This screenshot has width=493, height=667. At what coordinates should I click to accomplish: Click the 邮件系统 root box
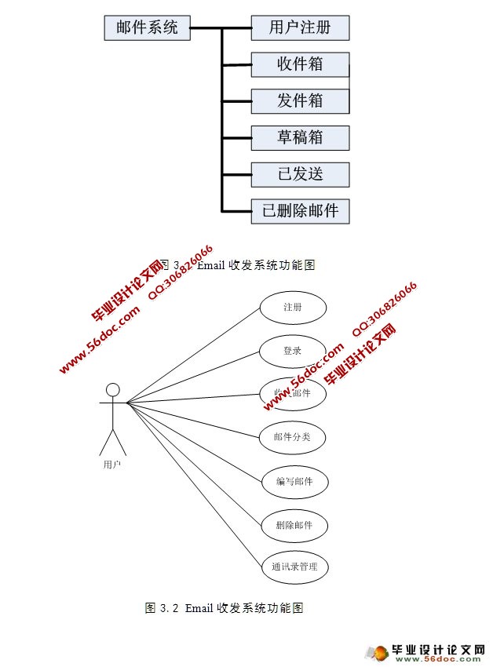[x=148, y=28]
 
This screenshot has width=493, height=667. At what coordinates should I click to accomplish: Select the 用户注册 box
[x=300, y=28]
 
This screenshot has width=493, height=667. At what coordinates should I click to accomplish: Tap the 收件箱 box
[x=300, y=64]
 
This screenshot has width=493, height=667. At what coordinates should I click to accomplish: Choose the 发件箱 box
[x=300, y=100]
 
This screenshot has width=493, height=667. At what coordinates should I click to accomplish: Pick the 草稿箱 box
[x=300, y=137]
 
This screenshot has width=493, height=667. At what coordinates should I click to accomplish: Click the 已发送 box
[x=300, y=174]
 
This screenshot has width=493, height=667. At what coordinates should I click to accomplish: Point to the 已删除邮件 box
[x=300, y=211]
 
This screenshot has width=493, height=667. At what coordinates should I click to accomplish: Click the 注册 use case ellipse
[x=293, y=308]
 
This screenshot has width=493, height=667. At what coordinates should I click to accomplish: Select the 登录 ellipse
[x=293, y=351]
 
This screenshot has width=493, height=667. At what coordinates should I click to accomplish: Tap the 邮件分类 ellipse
[x=293, y=436]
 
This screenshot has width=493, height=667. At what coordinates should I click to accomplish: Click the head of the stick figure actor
[x=113, y=389]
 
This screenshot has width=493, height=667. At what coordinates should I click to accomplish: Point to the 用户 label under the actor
[x=112, y=465]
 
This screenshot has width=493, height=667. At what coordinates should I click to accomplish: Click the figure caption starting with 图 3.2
[x=225, y=608]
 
